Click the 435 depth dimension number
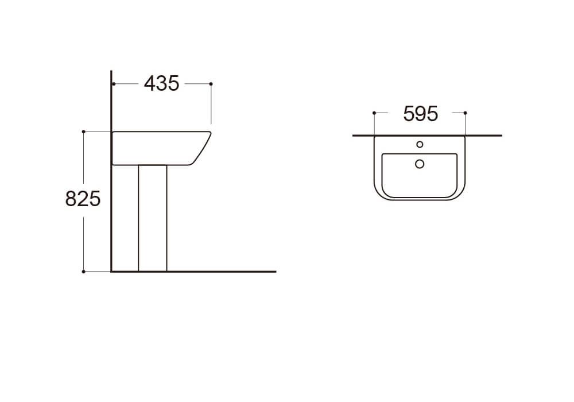click(161, 83)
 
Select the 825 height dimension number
click(83, 199)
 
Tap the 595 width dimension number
click(420, 114)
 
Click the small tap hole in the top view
click(420, 145)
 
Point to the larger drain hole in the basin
click(420, 164)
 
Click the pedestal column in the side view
click(153, 218)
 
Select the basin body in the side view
click(161, 148)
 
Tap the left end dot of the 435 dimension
click(114, 84)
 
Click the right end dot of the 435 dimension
click(211, 84)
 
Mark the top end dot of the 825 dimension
click(83, 132)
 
